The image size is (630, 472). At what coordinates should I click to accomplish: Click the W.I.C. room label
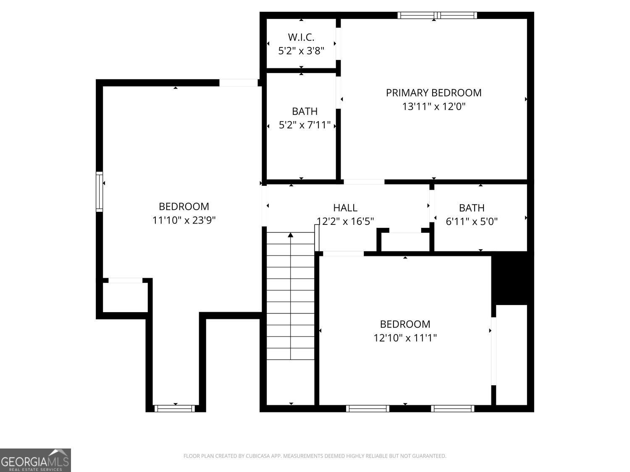pos(301,37)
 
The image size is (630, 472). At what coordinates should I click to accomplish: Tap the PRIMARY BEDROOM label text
pos(433,93)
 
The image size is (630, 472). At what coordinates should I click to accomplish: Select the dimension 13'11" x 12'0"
pos(434,107)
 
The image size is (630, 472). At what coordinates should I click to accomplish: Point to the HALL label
pos(345,208)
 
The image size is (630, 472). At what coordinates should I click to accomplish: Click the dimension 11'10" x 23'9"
pos(184,220)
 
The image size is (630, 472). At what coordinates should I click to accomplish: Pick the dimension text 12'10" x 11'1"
pos(405,338)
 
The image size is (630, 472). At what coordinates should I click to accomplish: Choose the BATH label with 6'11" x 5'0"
pos(472,208)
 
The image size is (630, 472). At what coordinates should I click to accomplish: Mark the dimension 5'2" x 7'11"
pos(305,125)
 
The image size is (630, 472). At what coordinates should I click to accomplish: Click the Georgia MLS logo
pos(35,460)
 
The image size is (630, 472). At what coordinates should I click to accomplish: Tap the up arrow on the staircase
pos(291,235)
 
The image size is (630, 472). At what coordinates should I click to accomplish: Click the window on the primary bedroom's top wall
pos(437,16)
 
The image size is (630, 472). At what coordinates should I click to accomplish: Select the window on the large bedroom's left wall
pos(100,191)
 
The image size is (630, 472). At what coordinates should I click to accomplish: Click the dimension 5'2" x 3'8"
pos(301,51)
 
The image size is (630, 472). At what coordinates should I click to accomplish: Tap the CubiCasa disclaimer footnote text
pos(315,456)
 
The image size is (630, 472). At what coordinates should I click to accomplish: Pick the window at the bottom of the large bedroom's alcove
pos(175,408)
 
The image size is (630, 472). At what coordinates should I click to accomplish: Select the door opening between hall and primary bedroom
pos(364,182)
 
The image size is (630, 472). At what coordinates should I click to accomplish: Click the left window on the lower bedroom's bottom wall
pos(367,408)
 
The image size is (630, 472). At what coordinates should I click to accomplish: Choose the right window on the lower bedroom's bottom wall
pos(453,408)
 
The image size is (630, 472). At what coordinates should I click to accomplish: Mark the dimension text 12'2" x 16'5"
pos(345,221)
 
